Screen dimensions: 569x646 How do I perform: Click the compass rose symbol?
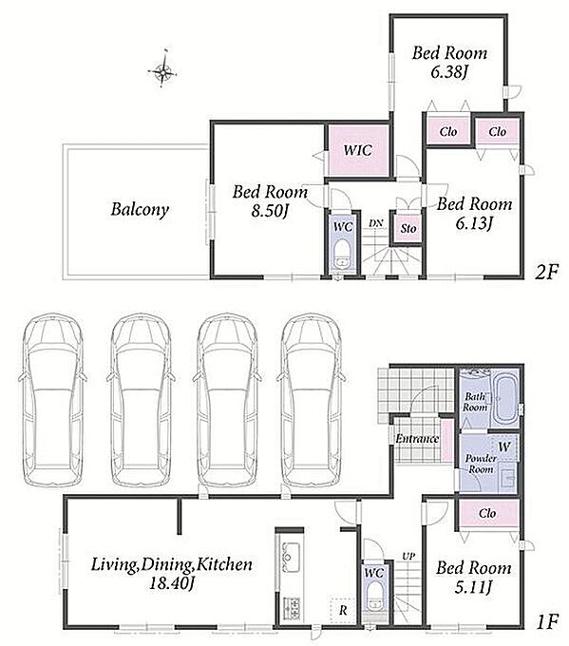click(163, 71)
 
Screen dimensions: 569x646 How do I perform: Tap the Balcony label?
click(140, 209)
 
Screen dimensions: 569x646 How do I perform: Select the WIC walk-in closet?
click(357, 150)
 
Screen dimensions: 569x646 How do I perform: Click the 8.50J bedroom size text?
click(270, 211)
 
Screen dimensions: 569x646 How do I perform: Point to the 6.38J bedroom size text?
click(448, 72)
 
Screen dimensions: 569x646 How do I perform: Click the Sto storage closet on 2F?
click(408, 228)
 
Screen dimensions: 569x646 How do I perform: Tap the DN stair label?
click(376, 223)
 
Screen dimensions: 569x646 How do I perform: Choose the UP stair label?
click(408, 556)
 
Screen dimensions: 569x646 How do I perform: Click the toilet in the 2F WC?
click(342, 256)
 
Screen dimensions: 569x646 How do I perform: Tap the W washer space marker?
click(503, 446)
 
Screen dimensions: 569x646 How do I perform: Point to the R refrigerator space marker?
click(343, 610)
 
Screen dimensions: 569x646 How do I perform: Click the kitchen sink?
click(290, 552)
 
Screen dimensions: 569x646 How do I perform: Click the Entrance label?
click(417, 439)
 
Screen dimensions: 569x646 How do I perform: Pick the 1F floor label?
click(547, 621)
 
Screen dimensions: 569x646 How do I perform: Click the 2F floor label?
click(547, 272)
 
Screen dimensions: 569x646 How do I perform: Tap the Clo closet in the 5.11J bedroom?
click(488, 513)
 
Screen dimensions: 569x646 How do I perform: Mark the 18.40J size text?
click(171, 583)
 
